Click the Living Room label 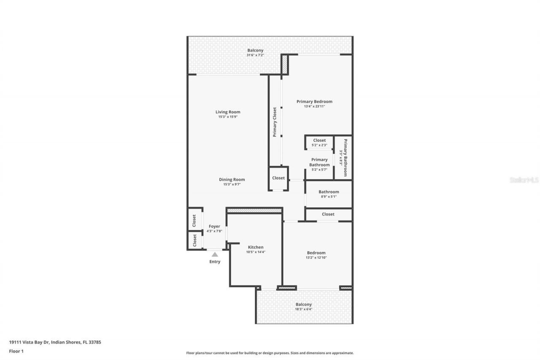pyautogui.click(x=228, y=112)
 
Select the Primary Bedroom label pyautogui.click(x=314, y=101)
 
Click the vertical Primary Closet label pyautogui.click(x=275, y=122)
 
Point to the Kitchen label pyautogui.click(x=256, y=247)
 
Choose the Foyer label pyautogui.click(x=214, y=226)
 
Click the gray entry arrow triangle pyautogui.click(x=215, y=254)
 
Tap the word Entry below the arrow pyautogui.click(x=215, y=262)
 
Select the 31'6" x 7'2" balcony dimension pyautogui.click(x=255, y=55)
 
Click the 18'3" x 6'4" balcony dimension pyautogui.click(x=303, y=309)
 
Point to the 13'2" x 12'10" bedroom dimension pyautogui.click(x=316, y=257)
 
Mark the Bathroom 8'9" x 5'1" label pyautogui.click(x=329, y=194)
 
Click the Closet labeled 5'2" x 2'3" pyautogui.click(x=319, y=142)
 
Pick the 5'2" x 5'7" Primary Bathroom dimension pyautogui.click(x=319, y=169)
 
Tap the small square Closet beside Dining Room pyautogui.click(x=278, y=178)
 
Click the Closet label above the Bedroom pyautogui.click(x=328, y=214)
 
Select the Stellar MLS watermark pyautogui.click(x=524, y=180)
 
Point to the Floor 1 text pyautogui.click(x=16, y=351)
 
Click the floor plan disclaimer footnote pyautogui.click(x=270, y=353)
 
